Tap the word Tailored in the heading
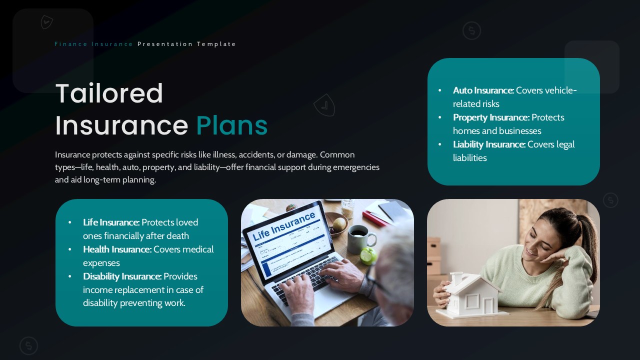tap(109, 93)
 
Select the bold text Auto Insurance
tap(483, 90)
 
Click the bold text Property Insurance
tap(491, 117)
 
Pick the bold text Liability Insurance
tap(489, 144)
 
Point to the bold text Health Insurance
tap(117, 249)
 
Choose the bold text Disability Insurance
tap(122, 276)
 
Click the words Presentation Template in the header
tap(186, 44)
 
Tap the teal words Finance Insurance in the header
tap(93, 44)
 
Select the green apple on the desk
tap(367, 255)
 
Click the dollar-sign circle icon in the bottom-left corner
tap(28, 345)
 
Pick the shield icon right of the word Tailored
tap(324, 105)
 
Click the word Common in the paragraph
tap(337, 155)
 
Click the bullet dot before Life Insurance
tap(69, 222)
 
